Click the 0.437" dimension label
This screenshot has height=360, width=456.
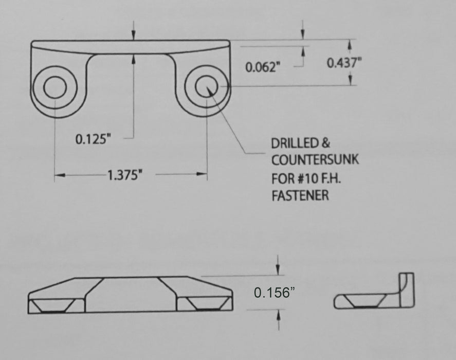pos(344,63)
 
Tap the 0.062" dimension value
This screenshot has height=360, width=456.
pos(263,67)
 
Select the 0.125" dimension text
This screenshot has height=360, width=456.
pos(94,139)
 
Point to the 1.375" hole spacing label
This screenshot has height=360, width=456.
pos(125,175)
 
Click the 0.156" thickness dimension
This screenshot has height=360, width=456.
pos(274,293)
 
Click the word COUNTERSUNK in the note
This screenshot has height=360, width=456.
pos(315,160)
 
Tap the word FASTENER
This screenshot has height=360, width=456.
pos(300,195)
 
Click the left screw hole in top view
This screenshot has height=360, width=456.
pos(55,87)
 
